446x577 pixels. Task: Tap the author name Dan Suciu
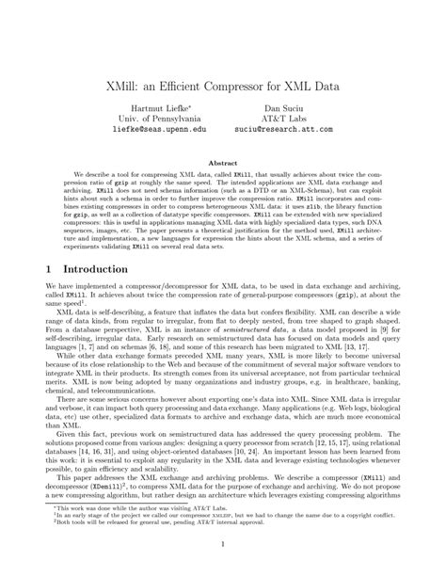point(285,109)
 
